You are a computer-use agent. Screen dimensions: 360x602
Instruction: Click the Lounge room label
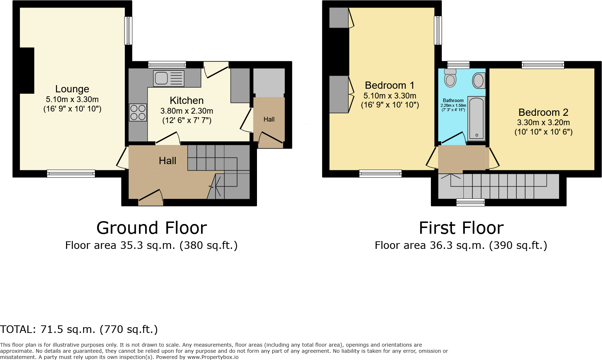click(72, 89)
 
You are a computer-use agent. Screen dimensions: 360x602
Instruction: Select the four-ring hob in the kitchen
click(138, 112)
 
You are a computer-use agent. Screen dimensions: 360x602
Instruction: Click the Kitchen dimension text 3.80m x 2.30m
click(187, 111)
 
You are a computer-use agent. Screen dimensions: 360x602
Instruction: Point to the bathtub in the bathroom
click(476, 118)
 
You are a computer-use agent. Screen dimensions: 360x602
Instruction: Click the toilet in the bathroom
click(450, 78)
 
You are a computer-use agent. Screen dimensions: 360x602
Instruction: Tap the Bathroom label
click(453, 101)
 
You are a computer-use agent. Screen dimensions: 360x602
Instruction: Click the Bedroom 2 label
click(543, 113)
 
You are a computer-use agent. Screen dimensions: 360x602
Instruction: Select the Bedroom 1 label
click(389, 85)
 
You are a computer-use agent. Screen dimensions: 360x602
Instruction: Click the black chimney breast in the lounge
click(27, 70)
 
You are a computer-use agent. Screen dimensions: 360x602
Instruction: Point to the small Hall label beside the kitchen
click(269, 119)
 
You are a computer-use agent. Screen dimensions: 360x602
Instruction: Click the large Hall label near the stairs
click(167, 161)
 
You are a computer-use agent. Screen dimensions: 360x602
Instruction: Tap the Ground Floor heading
click(152, 228)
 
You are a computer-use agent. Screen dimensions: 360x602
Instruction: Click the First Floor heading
click(461, 228)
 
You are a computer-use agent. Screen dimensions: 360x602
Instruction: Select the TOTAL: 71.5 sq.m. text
click(79, 329)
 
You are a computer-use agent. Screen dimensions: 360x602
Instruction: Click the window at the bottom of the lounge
click(71, 174)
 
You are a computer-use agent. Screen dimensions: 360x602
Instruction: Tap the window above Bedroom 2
click(542, 65)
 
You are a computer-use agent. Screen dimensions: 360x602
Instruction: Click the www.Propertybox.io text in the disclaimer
click(213, 357)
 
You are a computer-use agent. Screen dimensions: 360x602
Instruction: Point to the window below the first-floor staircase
click(470, 202)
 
